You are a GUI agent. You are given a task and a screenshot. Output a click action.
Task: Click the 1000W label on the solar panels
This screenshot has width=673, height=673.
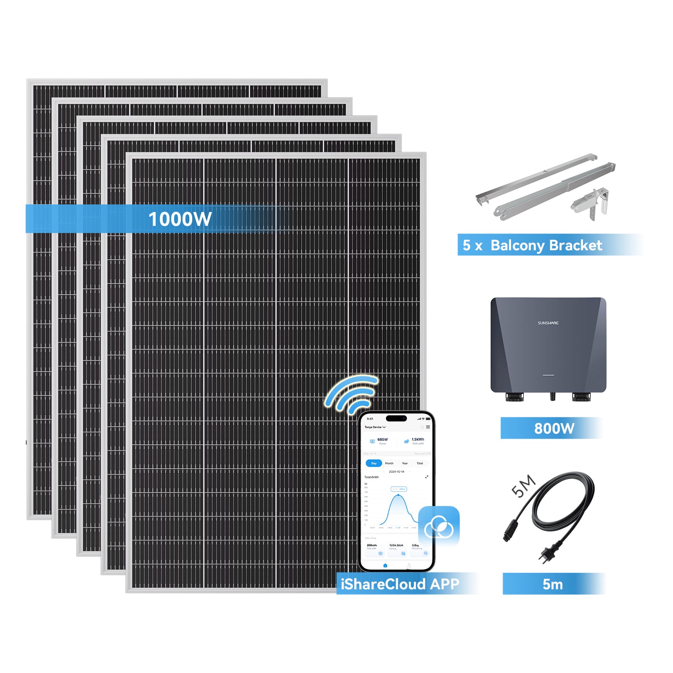coord(180,219)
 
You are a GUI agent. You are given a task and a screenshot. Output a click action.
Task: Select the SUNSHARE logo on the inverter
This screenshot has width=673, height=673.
coord(548,323)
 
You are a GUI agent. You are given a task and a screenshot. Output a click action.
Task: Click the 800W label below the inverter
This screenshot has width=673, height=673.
coord(554,428)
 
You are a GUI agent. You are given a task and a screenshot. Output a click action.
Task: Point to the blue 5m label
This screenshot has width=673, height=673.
coord(552,584)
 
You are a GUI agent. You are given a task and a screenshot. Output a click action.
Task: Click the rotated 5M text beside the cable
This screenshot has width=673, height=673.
coord(523,487)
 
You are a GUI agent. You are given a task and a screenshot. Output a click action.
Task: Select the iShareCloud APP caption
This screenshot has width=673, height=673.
coord(400,584)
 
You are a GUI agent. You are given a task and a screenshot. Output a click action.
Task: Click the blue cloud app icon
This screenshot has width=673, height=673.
coord(439,526)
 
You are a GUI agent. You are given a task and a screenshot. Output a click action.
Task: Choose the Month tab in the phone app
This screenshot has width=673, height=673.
coord(389,463)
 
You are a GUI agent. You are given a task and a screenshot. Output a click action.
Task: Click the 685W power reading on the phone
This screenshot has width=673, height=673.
coord(382,440)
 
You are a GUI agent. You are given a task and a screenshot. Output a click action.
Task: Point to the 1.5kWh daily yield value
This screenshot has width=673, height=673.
coord(418,440)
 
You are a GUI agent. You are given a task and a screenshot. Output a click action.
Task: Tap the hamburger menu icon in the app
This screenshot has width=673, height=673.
coord(428,427)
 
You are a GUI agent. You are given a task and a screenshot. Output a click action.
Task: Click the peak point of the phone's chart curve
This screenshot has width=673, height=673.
coord(398,495)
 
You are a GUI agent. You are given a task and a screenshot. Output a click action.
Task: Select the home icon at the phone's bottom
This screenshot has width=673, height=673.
coord(385,565)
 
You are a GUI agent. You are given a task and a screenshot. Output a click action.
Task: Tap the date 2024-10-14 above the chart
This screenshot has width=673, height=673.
coord(396,472)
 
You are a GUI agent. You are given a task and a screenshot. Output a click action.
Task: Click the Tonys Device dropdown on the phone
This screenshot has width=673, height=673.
coord(375,427)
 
